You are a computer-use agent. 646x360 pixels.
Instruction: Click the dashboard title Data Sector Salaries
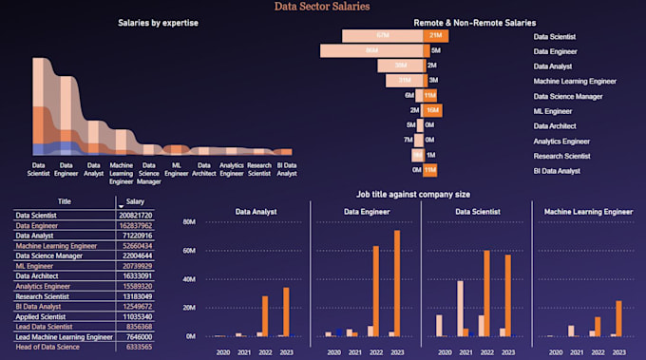coord(322,7)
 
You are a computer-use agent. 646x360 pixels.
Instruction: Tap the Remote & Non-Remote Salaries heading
coord(474,22)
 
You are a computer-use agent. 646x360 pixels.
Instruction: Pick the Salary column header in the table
coord(136,202)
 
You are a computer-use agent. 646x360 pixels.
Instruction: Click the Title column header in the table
coord(65,202)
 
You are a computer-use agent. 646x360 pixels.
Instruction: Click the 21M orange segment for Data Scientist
coord(435,36)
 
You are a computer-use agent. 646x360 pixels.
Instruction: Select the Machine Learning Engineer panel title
coord(581,212)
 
